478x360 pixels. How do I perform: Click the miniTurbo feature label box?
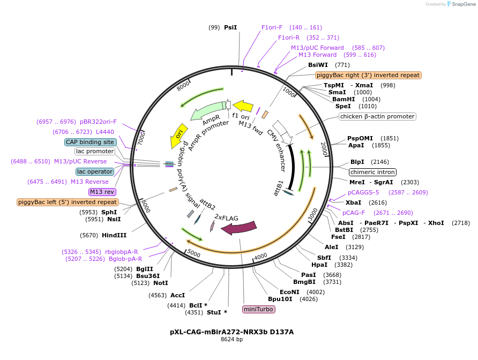point(259,309)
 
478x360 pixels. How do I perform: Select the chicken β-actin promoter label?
point(377,116)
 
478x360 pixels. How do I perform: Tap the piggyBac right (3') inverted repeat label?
point(368,75)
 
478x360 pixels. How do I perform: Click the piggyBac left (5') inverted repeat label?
point(68,202)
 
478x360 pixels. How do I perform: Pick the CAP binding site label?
point(90,142)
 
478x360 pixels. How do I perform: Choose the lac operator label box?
point(95,171)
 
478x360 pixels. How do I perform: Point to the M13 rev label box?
point(102,192)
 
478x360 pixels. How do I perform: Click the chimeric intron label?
point(372,172)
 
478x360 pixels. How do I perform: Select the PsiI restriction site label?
point(230,27)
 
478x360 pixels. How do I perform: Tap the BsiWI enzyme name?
point(318,65)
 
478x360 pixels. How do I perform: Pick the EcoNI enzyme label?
point(289,292)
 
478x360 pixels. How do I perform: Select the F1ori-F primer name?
point(272,27)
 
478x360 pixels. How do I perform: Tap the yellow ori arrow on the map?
point(178,134)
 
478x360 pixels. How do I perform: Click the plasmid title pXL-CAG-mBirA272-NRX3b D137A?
point(231,332)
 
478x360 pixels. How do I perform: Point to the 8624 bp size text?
point(231,339)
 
